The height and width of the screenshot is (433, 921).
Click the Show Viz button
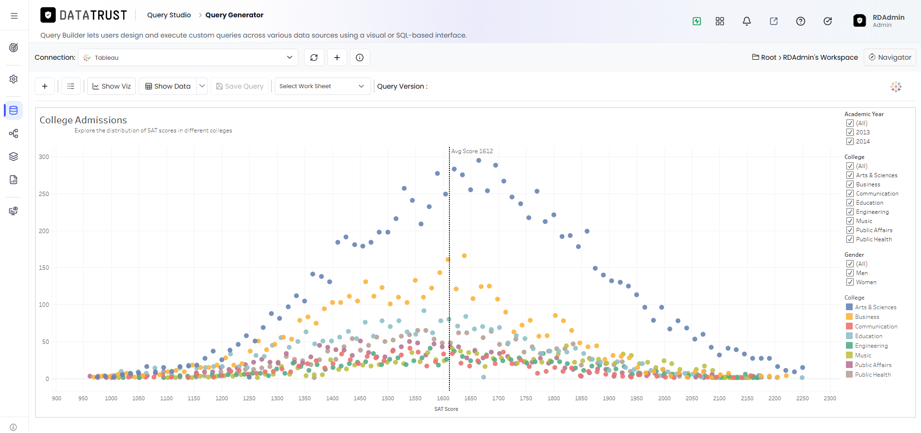[x=111, y=86]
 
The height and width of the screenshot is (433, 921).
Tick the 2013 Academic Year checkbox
[x=850, y=132]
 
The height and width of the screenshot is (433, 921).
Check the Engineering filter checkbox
[x=850, y=212]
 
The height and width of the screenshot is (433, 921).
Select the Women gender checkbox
[x=850, y=282]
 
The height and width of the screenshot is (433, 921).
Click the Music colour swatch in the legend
[x=849, y=355]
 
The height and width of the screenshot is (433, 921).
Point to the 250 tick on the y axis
[x=44, y=194]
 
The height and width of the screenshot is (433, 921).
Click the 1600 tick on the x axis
[x=443, y=398]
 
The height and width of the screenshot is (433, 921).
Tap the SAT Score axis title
[x=446, y=409]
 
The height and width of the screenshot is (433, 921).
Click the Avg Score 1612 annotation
[x=472, y=151]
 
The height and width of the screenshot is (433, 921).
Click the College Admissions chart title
[x=83, y=120]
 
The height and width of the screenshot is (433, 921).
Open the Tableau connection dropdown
[x=188, y=58]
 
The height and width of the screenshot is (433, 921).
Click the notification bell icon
[x=747, y=21]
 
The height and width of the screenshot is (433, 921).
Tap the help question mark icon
[x=801, y=21]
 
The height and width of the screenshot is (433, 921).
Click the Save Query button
[x=240, y=86]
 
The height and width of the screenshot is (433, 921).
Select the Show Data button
[x=168, y=86]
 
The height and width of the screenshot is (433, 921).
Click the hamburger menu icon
[x=14, y=16]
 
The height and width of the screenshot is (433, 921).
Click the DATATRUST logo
[x=84, y=15]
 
